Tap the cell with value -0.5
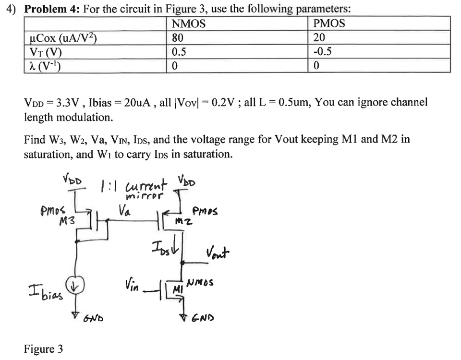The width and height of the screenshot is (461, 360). [322, 52]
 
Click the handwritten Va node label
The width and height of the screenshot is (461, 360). [125, 210]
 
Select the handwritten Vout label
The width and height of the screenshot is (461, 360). [218, 252]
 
